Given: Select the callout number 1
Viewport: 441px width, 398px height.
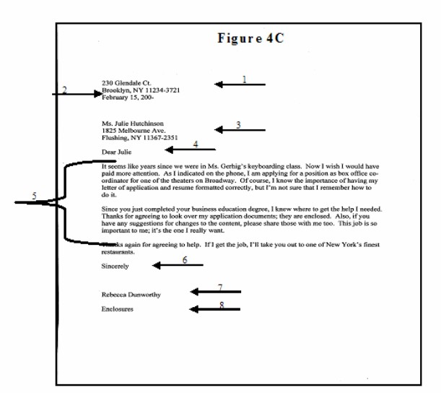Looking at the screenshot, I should [x=244, y=79].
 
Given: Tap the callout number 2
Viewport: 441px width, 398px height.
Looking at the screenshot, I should [x=64, y=90].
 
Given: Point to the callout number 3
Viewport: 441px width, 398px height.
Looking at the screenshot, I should [x=239, y=124].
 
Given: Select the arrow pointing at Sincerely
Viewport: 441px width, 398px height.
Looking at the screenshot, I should [x=178, y=266].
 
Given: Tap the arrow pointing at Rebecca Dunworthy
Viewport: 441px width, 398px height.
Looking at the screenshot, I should [x=215, y=292].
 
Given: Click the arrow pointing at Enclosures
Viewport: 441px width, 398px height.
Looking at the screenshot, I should [x=215, y=309].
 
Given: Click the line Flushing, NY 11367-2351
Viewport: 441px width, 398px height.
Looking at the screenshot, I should [x=140, y=137].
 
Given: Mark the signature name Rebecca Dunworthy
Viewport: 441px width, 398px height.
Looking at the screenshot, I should [x=132, y=295].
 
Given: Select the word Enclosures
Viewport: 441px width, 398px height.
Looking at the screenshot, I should [x=118, y=309].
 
